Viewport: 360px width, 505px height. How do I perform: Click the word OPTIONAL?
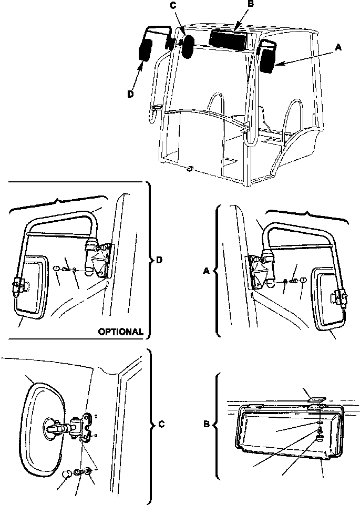(x=120, y=332)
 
